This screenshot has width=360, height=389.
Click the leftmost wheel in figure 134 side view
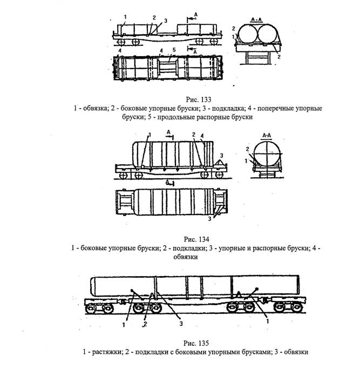click(124, 176)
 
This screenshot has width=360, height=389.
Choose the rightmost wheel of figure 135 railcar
click(294, 308)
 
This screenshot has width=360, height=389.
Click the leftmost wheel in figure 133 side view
click(121, 42)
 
